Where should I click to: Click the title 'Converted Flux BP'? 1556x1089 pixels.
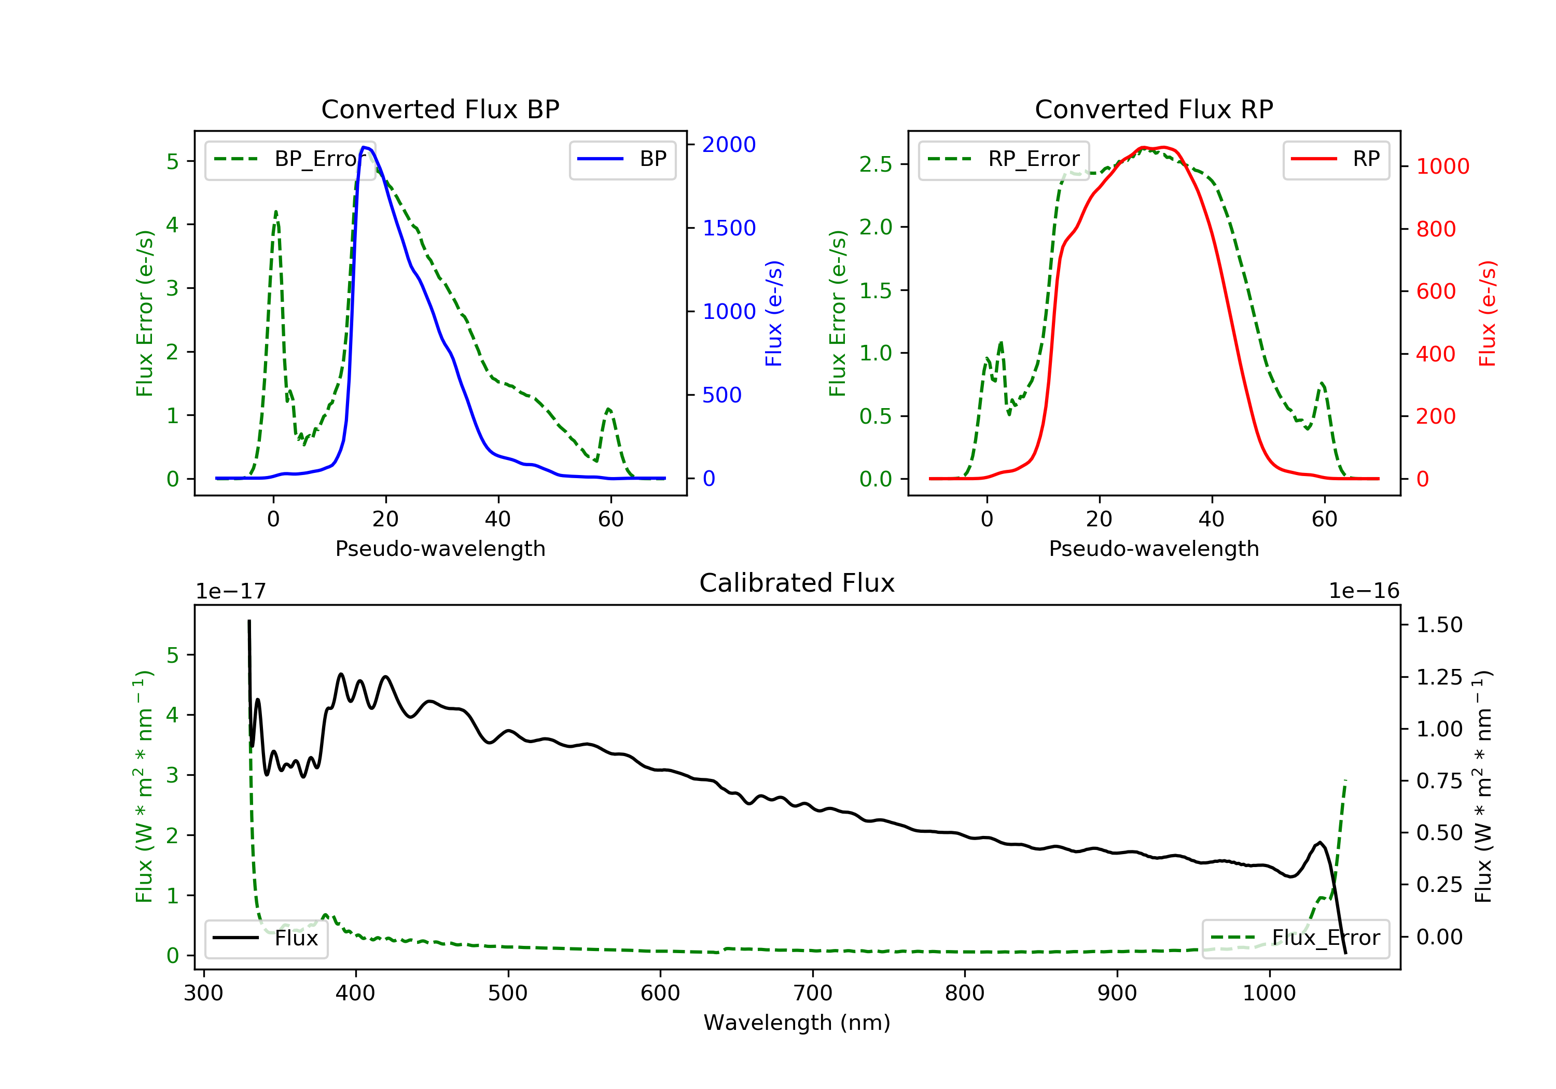click(440, 109)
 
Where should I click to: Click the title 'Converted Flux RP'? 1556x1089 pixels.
click(1154, 109)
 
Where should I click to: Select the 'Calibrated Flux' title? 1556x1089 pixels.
click(797, 583)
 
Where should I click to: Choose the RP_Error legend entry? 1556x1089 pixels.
click(1003, 159)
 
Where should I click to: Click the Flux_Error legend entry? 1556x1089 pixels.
click(1295, 938)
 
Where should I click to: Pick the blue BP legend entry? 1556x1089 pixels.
click(622, 159)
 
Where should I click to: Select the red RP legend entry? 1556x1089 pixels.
click(1335, 159)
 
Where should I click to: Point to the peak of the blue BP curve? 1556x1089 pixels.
click(365, 147)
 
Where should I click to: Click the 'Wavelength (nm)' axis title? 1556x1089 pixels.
click(797, 1023)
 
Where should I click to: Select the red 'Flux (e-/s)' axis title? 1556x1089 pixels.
click(1487, 313)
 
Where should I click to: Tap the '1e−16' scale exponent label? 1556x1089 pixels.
click(1364, 591)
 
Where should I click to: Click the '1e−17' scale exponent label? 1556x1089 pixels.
click(230, 591)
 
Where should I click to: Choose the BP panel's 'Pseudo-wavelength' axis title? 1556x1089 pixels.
click(440, 548)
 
